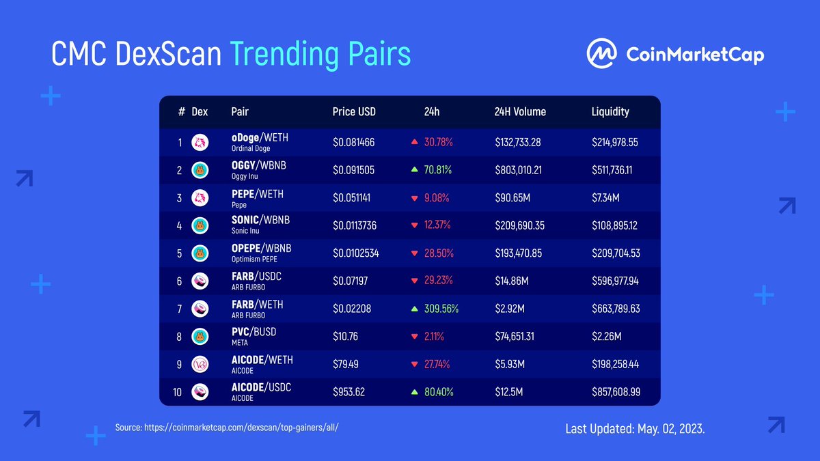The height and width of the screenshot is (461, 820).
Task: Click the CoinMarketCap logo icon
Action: (602, 53)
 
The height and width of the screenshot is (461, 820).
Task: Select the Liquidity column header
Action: (610, 111)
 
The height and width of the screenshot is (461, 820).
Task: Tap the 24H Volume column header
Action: (520, 111)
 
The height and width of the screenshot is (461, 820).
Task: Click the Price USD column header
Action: (354, 111)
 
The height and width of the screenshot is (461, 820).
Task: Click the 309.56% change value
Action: (441, 309)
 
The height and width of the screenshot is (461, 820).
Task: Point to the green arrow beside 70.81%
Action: (414, 170)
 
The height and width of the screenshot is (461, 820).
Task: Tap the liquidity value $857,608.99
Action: (616, 392)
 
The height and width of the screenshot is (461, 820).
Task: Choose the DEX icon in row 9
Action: (200, 364)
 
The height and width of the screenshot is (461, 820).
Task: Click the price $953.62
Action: (348, 392)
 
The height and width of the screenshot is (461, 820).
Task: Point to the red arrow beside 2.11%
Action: (414, 337)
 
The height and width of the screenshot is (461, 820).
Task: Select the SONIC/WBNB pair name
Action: (260, 220)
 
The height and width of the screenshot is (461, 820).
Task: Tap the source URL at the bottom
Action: (228, 428)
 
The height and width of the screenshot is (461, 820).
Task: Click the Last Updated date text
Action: (635, 429)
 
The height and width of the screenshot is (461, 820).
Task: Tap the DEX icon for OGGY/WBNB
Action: (200, 170)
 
